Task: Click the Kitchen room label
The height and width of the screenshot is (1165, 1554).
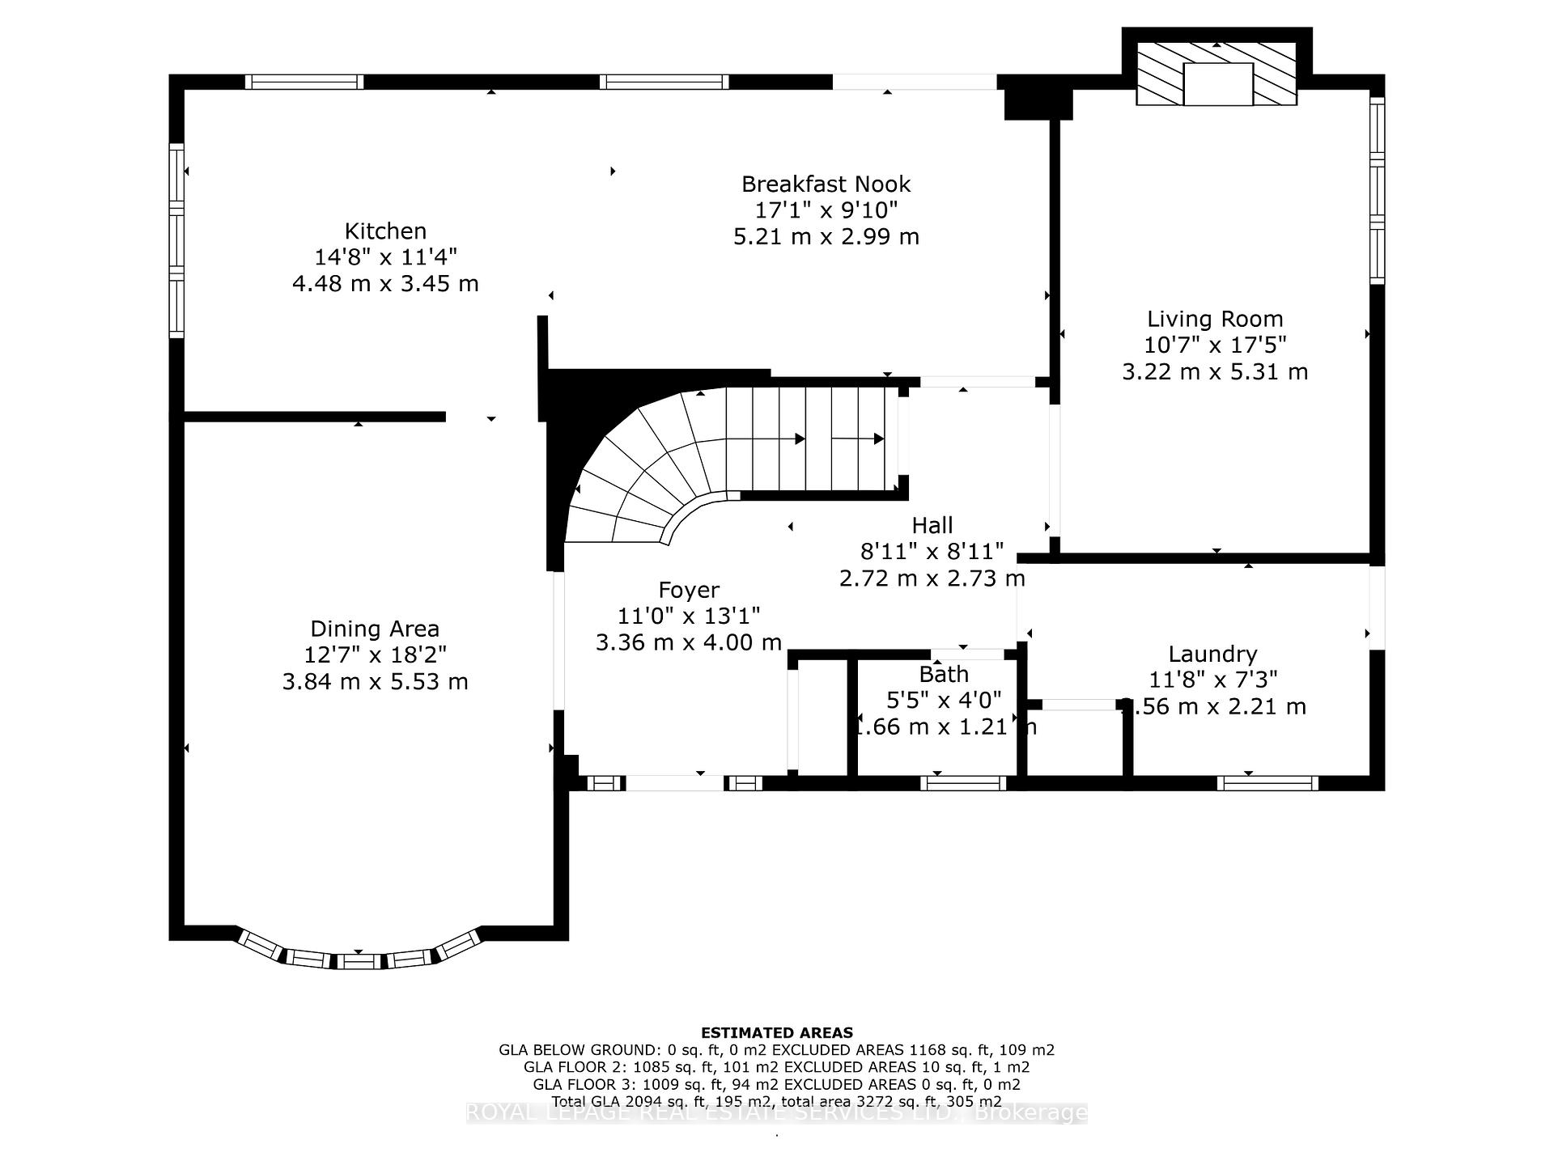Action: [385, 231]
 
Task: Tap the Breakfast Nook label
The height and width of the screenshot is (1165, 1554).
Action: [826, 184]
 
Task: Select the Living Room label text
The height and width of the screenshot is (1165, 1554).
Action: [1214, 319]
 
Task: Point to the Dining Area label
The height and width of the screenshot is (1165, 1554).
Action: [375, 629]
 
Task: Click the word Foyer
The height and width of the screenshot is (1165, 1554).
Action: [688, 590]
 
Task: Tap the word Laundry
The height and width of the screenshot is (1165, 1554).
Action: [1212, 654]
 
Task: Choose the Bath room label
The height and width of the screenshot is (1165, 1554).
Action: [943, 674]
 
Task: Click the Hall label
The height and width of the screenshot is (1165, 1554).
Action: [932, 526]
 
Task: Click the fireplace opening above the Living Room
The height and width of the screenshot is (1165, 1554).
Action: [1217, 84]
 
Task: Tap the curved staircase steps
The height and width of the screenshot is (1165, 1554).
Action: [647, 477]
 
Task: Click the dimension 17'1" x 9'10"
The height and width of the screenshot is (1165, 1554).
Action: [826, 210]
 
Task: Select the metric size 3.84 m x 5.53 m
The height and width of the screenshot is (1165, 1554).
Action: [375, 681]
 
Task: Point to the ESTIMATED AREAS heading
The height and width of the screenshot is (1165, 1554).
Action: [776, 1032]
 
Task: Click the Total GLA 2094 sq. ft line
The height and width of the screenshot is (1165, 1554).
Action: [776, 1101]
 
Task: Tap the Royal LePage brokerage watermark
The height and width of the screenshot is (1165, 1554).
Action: [776, 1113]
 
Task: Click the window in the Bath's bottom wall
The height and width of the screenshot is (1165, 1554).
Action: [963, 782]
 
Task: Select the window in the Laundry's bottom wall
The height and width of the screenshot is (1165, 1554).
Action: [1267, 782]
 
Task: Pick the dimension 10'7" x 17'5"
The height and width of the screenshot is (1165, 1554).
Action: [1214, 345]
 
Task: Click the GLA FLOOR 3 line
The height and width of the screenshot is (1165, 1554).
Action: [776, 1084]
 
